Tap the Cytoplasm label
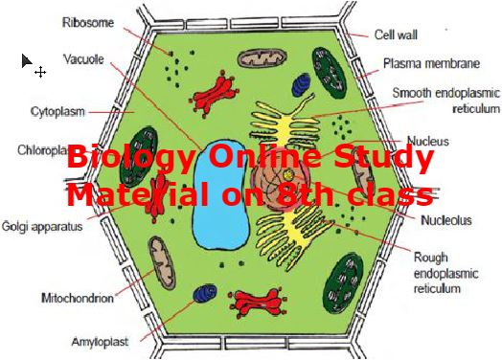[55, 110]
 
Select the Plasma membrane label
[431, 64]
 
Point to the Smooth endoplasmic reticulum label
[445, 101]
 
